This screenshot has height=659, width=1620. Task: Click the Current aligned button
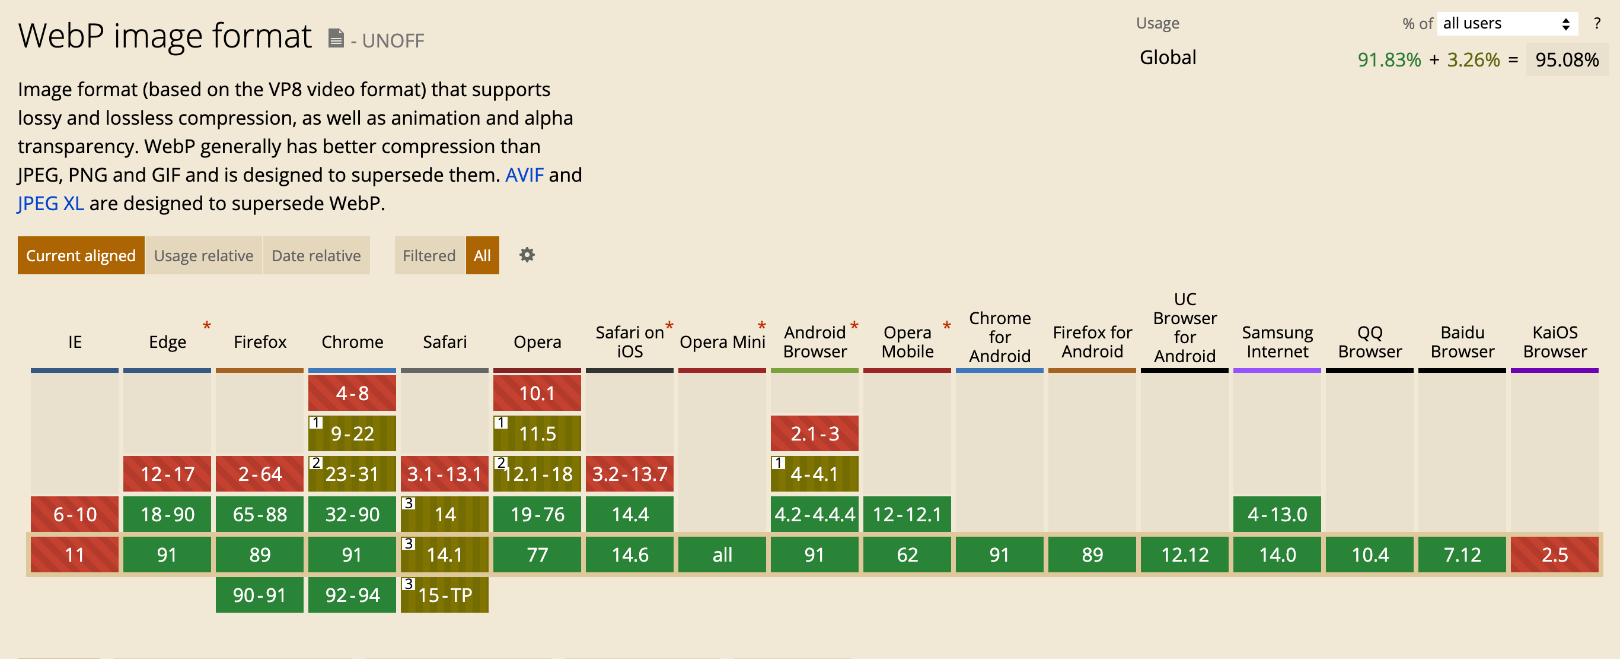tap(81, 255)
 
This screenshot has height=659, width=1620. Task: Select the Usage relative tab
tap(203, 255)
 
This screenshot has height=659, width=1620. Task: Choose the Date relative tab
tap(315, 255)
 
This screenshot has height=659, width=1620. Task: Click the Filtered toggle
tap(429, 255)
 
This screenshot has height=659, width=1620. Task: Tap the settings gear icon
tap(527, 255)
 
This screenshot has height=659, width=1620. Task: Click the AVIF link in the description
tap(524, 175)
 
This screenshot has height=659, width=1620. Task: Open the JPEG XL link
tap(50, 203)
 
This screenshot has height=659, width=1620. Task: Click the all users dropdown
tap(1506, 24)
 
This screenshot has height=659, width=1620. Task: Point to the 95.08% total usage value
tap(1566, 60)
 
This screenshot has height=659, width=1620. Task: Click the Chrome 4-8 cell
tap(352, 394)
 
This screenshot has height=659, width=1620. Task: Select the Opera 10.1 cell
tap(537, 394)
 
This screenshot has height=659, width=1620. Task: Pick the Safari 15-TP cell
tap(445, 595)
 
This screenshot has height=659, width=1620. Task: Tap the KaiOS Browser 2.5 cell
tap(1554, 555)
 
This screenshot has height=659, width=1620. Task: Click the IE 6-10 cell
tap(74, 514)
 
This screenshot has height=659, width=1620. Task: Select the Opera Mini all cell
tap(722, 555)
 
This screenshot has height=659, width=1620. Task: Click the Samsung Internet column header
tap(1277, 342)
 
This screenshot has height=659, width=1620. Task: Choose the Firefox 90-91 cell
tap(259, 595)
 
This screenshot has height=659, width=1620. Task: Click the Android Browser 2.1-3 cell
tap(814, 433)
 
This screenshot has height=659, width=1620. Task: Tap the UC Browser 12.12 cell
tap(1184, 555)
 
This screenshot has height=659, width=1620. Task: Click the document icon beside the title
tap(336, 39)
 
